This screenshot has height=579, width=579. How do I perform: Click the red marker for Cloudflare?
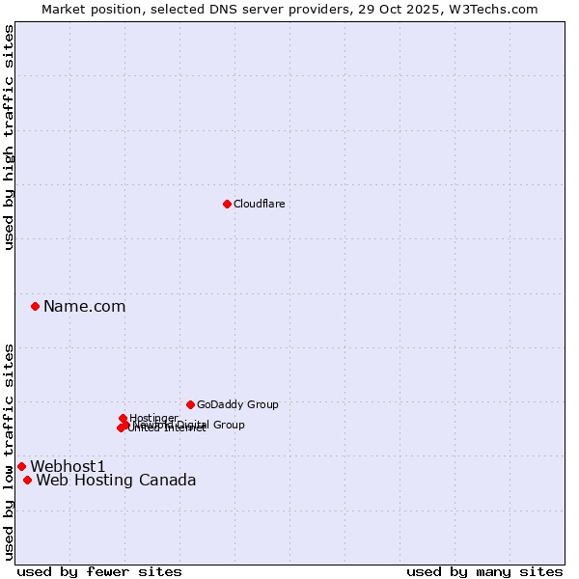227,204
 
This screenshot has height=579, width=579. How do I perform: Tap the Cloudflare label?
259,204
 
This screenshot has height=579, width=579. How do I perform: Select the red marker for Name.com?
36,306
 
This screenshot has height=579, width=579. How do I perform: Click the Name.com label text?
84,307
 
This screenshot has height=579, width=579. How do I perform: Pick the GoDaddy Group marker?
190,404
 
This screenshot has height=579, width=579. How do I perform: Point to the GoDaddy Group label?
237,405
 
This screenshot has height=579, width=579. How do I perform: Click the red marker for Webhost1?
21,466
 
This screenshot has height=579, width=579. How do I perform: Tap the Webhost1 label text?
67,467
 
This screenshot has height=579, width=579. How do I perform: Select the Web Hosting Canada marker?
27,480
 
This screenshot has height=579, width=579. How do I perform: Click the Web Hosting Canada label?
116,481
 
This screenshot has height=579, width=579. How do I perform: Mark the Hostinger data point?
123,418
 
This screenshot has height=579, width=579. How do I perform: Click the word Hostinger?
153,418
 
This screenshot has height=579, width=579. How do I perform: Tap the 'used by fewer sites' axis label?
99,571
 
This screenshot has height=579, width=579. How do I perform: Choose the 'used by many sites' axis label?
484,571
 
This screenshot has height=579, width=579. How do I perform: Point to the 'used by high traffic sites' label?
9,137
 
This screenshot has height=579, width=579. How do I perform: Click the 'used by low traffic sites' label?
9,452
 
